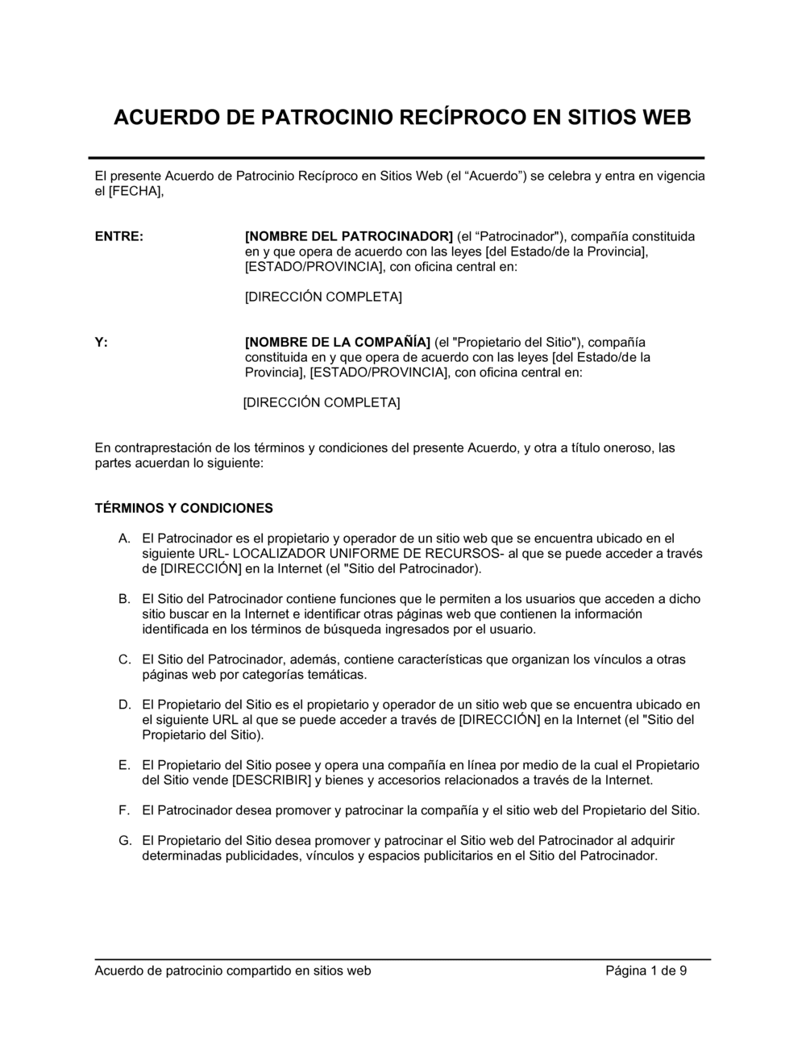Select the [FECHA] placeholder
135,191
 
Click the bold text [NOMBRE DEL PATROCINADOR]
349,237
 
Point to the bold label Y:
102,342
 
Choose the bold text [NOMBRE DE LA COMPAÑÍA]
338,342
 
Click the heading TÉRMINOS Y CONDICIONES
184,508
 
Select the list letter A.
124,538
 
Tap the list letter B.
124,599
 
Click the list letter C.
124,659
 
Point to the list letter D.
124,705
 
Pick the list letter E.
124,765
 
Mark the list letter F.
124,810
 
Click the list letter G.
124,841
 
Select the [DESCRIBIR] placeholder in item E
272,780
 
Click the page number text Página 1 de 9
646,971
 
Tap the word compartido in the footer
258,971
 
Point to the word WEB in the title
665,118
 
